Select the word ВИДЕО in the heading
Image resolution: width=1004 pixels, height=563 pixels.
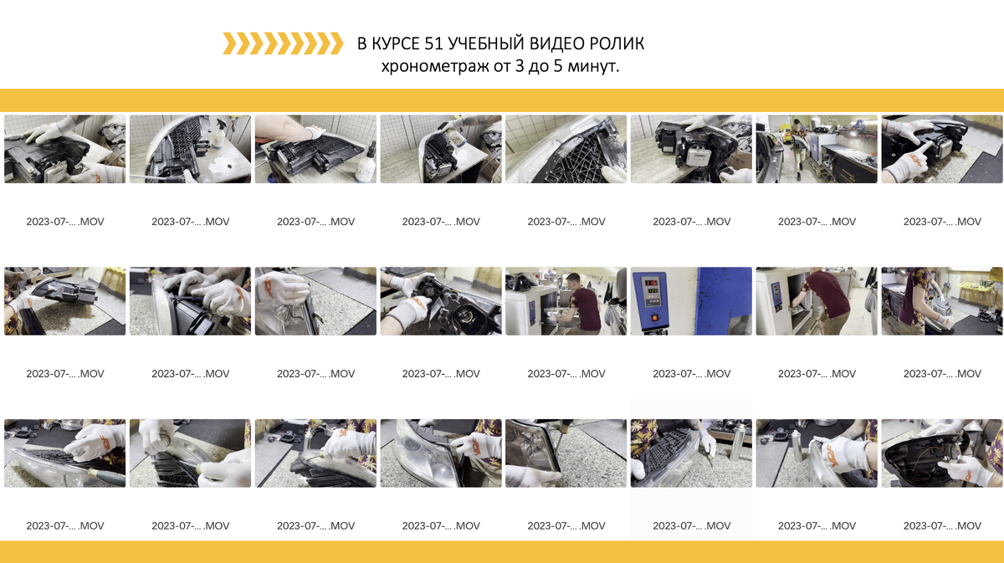(x=556, y=44)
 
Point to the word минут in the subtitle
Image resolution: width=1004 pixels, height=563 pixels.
(x=592, y=66)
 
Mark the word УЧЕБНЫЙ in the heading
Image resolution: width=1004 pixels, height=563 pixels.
(x=486, y=44)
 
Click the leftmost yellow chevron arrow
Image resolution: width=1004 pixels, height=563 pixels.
(x=230, y=44)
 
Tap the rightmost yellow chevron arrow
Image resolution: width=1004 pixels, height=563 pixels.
(x=336, y=44)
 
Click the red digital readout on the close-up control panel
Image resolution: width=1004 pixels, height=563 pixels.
(x=651, y=283)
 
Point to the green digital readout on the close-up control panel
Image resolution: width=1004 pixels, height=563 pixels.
(x=651, y=291)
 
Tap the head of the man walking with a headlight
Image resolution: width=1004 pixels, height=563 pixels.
(x=796, y=122)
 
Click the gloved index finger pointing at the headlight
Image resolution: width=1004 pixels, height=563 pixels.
(x=919, y=149)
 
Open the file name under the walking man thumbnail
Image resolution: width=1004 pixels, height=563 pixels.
(x=817, y=222)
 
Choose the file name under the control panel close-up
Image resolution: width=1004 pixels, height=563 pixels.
(x=692, y=373)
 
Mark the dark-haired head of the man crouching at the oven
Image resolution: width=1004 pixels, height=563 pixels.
(x=573, y=281)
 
